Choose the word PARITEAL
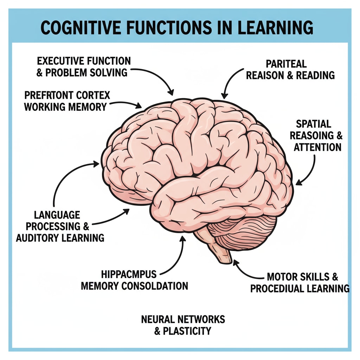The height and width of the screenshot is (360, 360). click(x=281, y=64)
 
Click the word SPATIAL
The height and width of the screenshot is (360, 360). click(x=314, y=124)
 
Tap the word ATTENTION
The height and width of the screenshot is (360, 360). click(x=317, y=147)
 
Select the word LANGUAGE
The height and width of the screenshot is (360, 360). click(x=57, y=215)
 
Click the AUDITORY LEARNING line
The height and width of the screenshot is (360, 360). click(x=60, y=238)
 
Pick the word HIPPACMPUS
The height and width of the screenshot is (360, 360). click(x=129, y=274)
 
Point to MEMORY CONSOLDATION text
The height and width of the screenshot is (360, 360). click(x=134, y=285)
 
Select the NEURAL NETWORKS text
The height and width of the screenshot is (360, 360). click(x=183, y=319)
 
